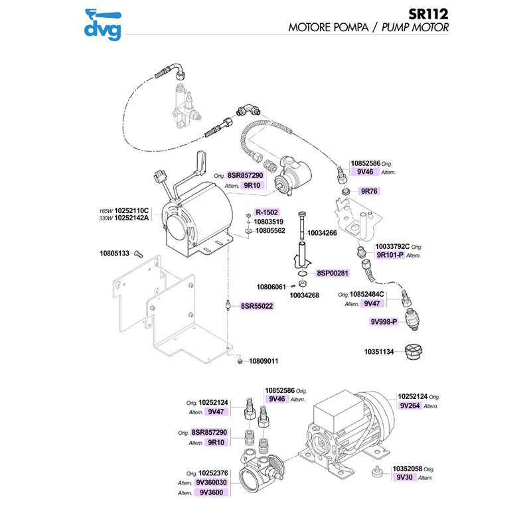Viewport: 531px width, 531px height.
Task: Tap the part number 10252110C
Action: pyautogui.click(x=133, y=210)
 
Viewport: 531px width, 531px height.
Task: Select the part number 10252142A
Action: pyautogui.click(x=133, y=218)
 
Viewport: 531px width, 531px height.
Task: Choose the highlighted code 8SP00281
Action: pyautogui.click(x=333, y=273)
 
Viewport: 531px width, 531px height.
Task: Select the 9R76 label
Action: pyautogui.click(x=368, y=191)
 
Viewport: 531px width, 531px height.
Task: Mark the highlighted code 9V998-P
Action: pyautogui.click(x=384, y=322)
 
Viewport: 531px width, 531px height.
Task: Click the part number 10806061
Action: pyautogui.click(x=271, y=287)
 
